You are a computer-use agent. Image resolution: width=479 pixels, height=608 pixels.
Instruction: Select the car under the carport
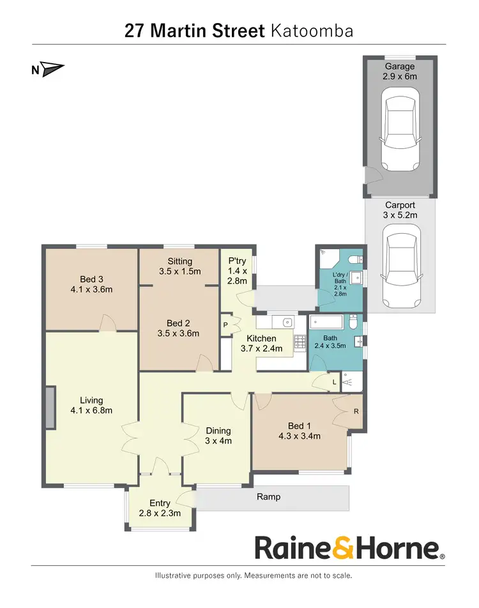(x=400, y=269)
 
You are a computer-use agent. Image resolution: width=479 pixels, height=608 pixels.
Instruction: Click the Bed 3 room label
(x=91, y=284)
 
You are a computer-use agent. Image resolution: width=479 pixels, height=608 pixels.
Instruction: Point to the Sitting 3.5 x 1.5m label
(x=179, y=266)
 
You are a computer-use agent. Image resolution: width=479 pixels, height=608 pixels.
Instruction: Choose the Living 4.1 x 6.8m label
(x=91, y=406)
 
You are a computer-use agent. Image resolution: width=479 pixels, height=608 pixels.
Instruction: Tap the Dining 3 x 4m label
(x=218, y=436)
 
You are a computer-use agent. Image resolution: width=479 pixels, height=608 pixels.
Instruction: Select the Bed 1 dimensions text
(x=299, y=437)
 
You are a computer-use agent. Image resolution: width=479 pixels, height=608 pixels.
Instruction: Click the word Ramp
(x=268, y=497)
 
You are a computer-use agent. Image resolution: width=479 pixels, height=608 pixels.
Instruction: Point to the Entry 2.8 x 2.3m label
(x=160, y=508)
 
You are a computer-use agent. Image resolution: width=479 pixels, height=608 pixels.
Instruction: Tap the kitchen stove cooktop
(x=299, y=343)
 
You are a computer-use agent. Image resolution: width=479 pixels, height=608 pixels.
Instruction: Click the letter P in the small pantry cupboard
(x=225, y=324)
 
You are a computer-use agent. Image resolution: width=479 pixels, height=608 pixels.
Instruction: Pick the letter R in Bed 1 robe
(x=356, y=411)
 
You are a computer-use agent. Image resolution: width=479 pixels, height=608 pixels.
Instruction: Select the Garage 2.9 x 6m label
(x=400, y=72)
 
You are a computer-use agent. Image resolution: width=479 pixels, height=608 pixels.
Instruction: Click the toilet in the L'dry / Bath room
(x=360, y=259)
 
